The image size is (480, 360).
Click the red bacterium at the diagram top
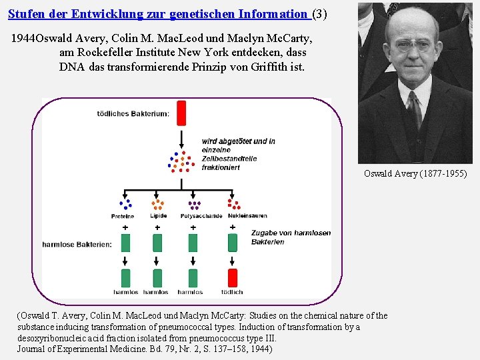(181, 113)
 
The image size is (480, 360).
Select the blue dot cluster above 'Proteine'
(125, 204)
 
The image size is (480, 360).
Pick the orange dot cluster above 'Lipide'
(157, 204)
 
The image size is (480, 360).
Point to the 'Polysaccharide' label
(194, 217)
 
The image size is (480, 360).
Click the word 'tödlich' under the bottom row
(232, 292)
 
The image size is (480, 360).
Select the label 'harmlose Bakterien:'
(77, 245)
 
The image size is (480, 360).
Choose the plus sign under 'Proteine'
(125, 227)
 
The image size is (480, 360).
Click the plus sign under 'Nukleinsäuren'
(232, 227)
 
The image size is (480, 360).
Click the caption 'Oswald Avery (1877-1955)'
(415, 174)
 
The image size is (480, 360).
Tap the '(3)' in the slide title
(320, 14)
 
